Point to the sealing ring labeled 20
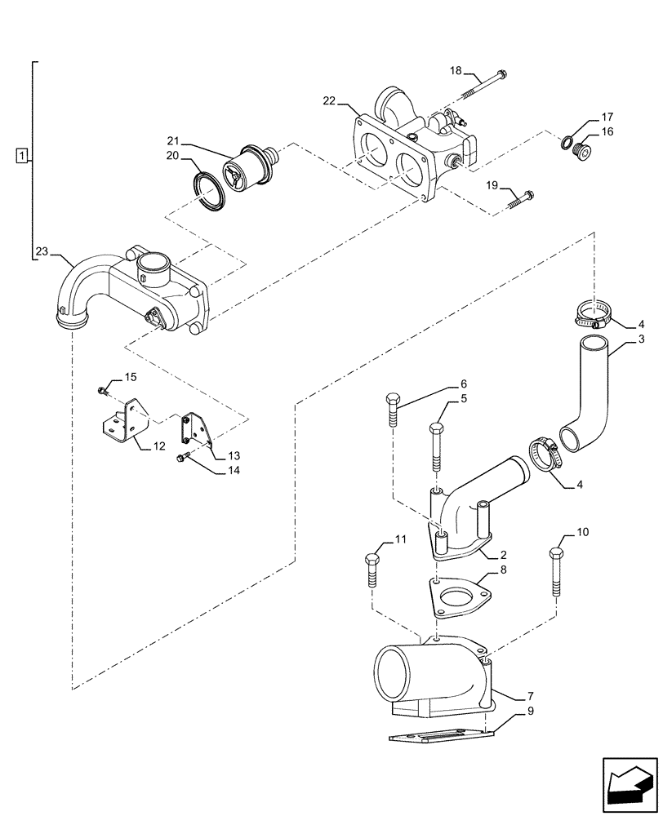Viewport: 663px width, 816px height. [x=211, y=189]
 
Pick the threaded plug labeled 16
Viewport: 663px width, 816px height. [x=583, y=151]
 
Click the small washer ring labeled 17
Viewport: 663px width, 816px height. [x=566, y=144]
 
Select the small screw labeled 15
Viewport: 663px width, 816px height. [x=102, y=390]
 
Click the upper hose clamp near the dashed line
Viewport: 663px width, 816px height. [x=594, y=311]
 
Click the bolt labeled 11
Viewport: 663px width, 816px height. [x=372, y=571]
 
